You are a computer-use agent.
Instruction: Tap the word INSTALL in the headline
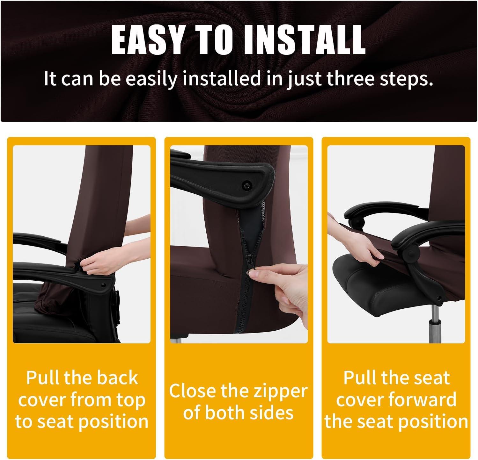(x=305, y=40)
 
